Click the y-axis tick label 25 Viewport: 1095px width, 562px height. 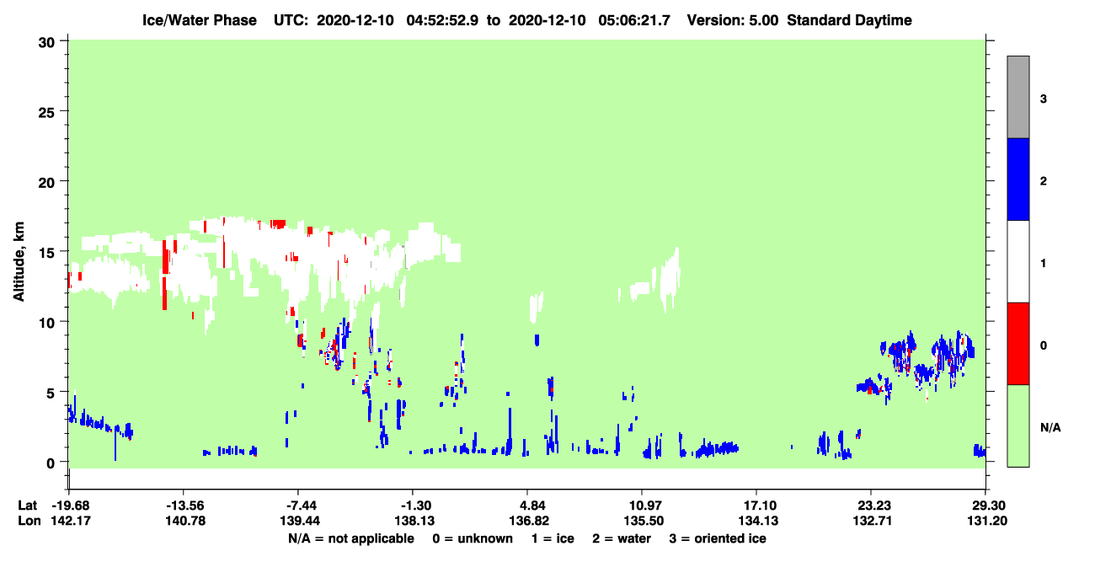coord(46,113)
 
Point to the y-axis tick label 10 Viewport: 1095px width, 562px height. coord(46,324)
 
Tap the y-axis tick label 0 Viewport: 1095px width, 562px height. coord(51,463)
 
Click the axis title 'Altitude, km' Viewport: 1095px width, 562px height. coord(19,262)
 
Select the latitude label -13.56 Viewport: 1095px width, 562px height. coord(185,506)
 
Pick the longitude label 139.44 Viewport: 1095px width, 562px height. coord(300,521)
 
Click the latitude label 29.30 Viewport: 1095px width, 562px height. coord(987,506)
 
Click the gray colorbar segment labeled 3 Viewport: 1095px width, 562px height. coord(1018,97)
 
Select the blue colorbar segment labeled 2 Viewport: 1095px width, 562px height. coord(1018,179)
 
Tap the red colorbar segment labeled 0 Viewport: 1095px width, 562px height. coord(1018,344)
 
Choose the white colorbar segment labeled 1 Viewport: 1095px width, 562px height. coord(1018,262)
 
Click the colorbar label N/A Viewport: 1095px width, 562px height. coord(1050,428)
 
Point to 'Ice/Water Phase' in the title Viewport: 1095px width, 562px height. coord(200,20)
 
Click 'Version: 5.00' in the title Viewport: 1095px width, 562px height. coord(733,20)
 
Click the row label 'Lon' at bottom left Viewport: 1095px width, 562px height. coord(29,521)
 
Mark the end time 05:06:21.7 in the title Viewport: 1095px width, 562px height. coord(634,20)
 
